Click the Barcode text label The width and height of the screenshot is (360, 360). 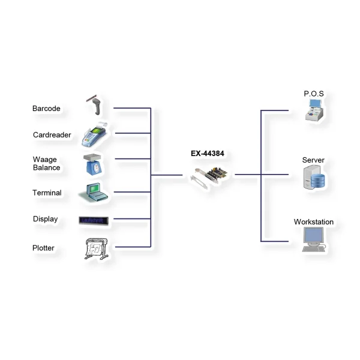(46, 109)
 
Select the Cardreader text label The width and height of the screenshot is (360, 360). (52, 135)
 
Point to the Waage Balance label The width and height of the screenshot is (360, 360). (46, 163)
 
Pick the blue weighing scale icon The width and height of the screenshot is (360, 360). (95, 164)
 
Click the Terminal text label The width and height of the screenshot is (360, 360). (47, 193)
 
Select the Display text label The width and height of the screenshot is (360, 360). (46, 219)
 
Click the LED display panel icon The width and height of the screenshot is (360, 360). (95, 220)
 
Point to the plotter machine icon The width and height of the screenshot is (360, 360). (96, 248)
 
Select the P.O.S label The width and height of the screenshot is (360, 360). (314, 94)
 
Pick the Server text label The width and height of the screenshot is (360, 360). (313, 160)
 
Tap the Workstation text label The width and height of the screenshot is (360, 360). (314, 222)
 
